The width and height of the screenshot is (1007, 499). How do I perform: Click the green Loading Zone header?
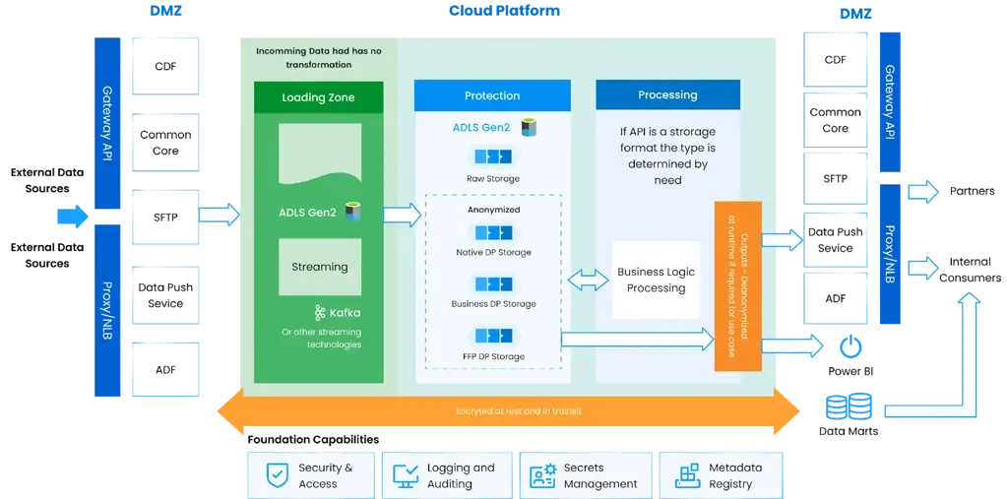[x=318, y=97]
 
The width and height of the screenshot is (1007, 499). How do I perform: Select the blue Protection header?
[x=492, y=95]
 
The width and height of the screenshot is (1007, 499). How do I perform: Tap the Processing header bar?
[x=667, y=95]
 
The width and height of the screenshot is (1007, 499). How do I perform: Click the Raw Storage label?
[x=493, y=179]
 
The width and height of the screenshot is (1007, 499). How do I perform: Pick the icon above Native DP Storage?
[x=493, y=233]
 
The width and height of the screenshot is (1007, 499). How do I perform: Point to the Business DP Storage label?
[x=493, y=304]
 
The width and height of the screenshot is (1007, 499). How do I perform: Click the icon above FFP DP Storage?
[x=493, y=336]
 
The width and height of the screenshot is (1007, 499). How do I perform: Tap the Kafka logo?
[x=320, y=313]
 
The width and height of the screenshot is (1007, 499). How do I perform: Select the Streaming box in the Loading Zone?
[x=319, y=267]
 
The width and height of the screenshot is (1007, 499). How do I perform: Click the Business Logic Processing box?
[x=656, y=280]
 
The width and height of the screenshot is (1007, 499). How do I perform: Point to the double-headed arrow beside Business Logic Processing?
[x=588, y=281]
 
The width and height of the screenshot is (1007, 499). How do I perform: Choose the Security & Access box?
[x=312, y=475]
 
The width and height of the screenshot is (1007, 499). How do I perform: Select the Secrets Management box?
[x=586, y=475]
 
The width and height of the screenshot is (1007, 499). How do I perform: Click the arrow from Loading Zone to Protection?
[x=402, y=215]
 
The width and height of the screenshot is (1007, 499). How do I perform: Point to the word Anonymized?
[x=493, y=210]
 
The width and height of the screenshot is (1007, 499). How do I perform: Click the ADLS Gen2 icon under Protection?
[x=529, y=127]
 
